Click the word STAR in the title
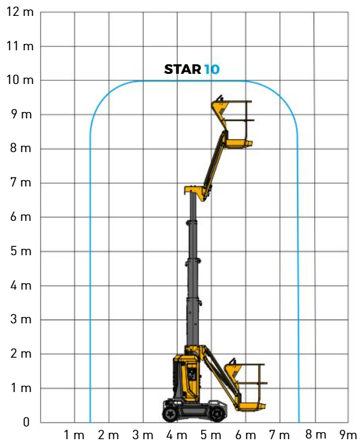pos(183,69)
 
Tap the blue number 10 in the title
pos(212,69)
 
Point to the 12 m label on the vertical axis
pos(20,12)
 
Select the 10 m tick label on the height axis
pos(20,80)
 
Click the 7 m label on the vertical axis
pos(21,183)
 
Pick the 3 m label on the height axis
pos(21,320)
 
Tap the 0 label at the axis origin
pos(26,422)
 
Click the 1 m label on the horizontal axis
pos(74,435)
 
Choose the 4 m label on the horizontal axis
pos(177,435)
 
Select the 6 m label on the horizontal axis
pos(246,435)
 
